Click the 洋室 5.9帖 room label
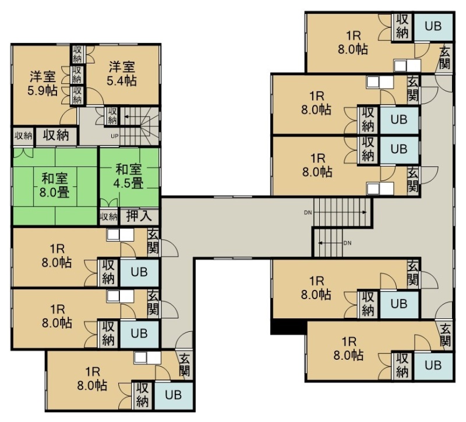pyautogui.click(x=43, y=83)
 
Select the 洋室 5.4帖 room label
pyautogui.click(x=122, y=73)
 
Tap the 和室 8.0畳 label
pyautogui.click(x=55, y=186)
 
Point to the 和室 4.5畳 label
pyautogui.click(x=128, y=176)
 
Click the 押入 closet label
pyautogui.click(x=139, y=216)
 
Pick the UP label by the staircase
pyautogui.click(x=114, y=136)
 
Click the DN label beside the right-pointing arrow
pyautogui.click(x=308, y=212)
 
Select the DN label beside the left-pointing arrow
pyautogui.click(x=347, y=243)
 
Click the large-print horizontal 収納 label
pyautogui.click(x=56, y=136)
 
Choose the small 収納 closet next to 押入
pyautogui.click(x=109, y=217)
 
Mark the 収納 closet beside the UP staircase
pyautogui.click(x=112, y=116)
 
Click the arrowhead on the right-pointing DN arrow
pyautogui.click(x=365, y=212)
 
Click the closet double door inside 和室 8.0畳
pyautogui.click(x=23, y=153)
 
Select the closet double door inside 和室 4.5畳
pyautogui.click(x=109, y=203)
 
